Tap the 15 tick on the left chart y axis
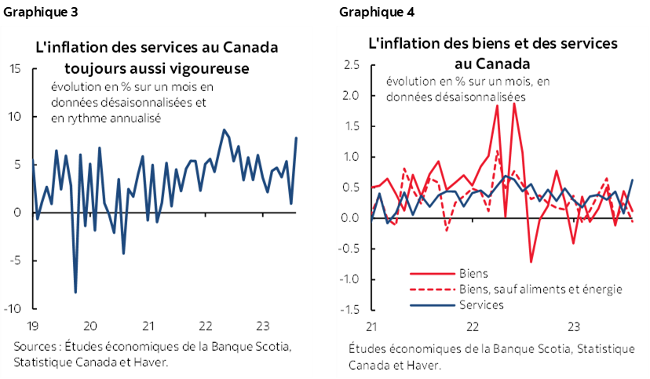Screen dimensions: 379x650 tap(15, 68)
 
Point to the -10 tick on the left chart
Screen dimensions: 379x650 tap(13, 308)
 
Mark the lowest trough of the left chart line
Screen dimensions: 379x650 tap(76, 293)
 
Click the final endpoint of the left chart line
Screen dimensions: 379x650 tap(296, 138)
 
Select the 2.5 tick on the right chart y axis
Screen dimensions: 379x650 tap(352, 65)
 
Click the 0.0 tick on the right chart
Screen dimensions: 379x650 tap(352, 218)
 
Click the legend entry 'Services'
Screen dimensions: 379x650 tap(480, 304)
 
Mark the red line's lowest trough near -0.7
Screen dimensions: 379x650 tap(531, 261)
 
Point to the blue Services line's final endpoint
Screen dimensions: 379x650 tap(633, 180)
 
